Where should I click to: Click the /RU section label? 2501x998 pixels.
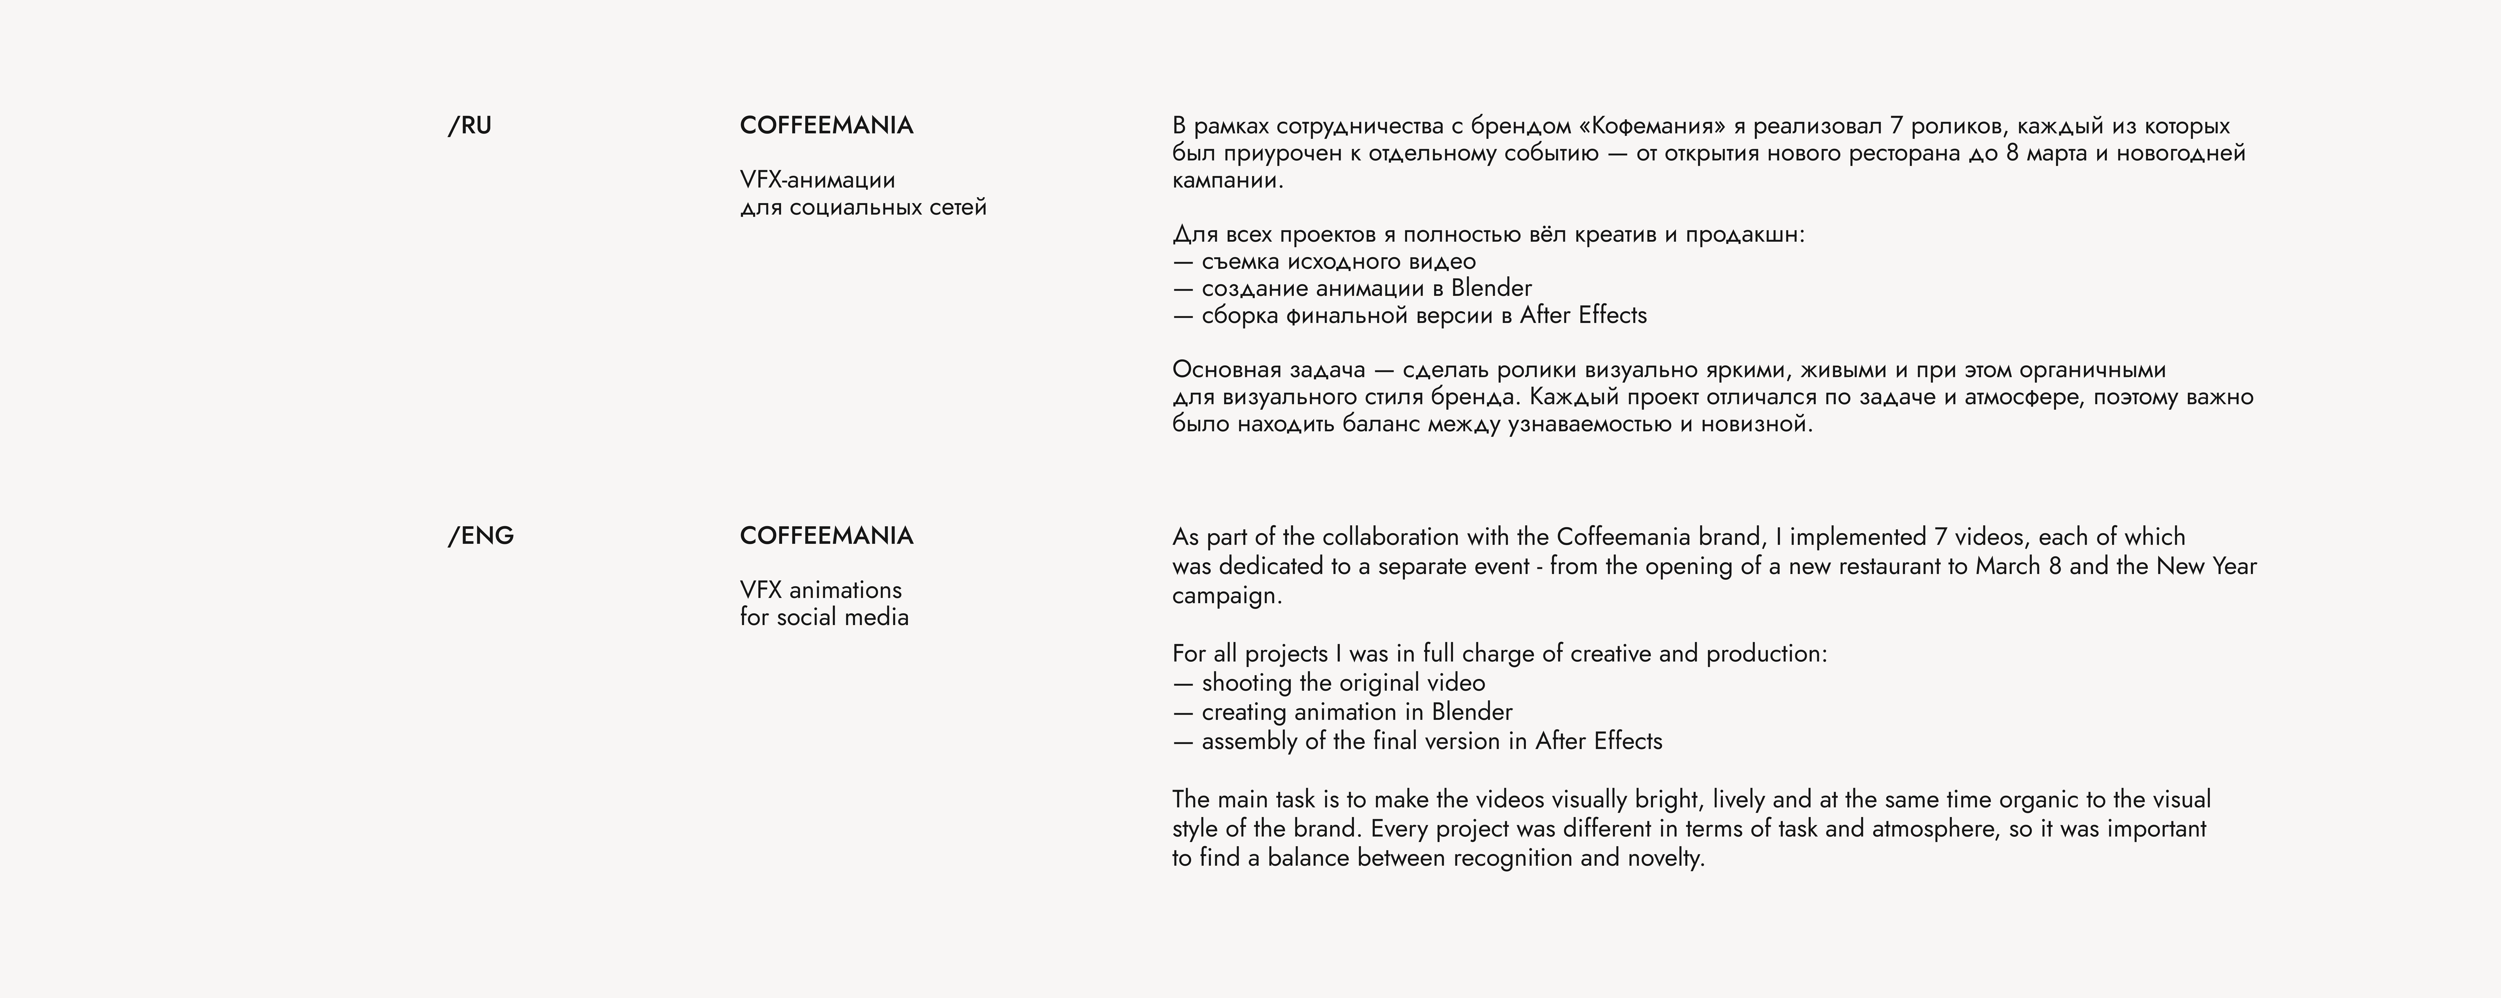[x=470, y=126]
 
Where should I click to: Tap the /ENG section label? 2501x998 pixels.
[x=481, y=536]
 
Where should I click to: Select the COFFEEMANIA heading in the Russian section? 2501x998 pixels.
[x=826, y=126]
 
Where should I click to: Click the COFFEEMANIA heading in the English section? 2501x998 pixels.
[x=826, y=536]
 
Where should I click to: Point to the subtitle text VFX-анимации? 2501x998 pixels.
[x=818, y=180]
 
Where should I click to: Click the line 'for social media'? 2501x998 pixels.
[x=824, y=617]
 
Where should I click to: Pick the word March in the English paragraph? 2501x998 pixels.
[x=2008, y=566]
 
